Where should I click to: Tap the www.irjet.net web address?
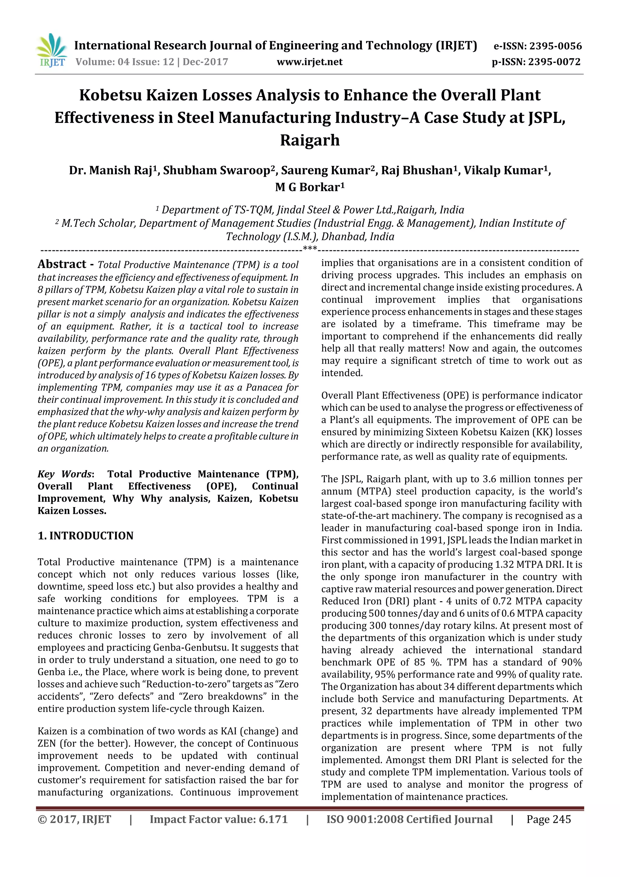(309, 62)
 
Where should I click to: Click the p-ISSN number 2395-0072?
(554, 62)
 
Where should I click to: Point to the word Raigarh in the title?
(310, 140)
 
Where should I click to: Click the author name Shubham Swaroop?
(216, 170)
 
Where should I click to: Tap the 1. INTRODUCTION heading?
(86, 536)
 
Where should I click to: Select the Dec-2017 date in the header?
(205, 62)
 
